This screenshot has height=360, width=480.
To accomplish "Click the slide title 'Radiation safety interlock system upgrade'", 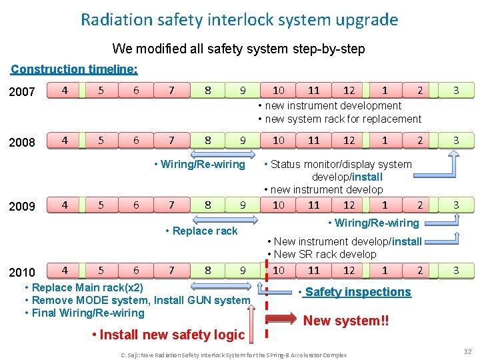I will coord(239,19).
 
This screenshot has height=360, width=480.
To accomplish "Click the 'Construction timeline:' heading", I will coord(75,69).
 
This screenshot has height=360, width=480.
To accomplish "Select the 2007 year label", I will coord(22,91).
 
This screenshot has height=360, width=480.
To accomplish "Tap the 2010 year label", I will coord(22,272).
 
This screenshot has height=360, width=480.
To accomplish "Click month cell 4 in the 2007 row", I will coord(64,90).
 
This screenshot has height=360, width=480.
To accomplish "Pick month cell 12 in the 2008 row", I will coord(349,140).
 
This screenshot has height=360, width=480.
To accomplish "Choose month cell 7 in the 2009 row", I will coord(171,205).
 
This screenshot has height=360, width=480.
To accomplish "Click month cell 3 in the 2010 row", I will coord(456,270).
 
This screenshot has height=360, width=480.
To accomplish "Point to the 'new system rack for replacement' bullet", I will coord(340,119).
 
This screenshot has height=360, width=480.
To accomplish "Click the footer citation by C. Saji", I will coord(233,355).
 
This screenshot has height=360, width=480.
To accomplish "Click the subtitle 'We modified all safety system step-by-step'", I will coord(239,49).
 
